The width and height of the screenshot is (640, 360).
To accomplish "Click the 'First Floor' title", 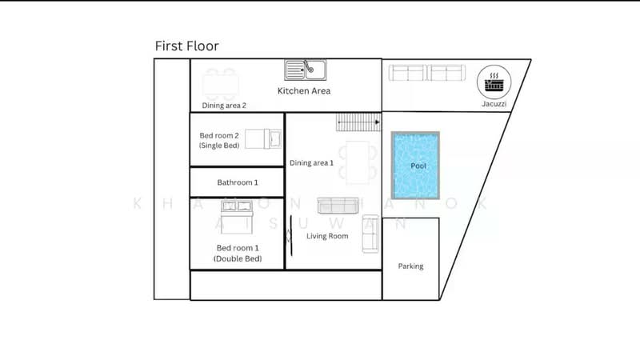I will [x=186, y=46].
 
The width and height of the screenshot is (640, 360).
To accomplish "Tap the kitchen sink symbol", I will [x=304, y=71].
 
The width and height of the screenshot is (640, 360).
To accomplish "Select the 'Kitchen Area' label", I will [x=304, y=91].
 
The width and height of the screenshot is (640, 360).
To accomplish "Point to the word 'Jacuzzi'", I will [x=494, y=104].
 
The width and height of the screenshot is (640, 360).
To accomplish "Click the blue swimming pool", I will [x=415, y=166].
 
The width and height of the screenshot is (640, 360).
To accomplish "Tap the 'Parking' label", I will [x=410, y=266].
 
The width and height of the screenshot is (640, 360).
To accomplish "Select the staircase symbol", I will [x=358, y=122].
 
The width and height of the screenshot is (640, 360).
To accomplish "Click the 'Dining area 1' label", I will [x=311, y=163].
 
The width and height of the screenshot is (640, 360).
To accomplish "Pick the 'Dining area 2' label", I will [x=224, y=105].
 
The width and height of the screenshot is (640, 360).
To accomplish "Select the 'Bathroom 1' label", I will [x=238, y=182].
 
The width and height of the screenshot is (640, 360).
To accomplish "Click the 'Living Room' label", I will [x=328, y=236].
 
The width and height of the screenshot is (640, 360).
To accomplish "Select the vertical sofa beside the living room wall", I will [x=370, y=234].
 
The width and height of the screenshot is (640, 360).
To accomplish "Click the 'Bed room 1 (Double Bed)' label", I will [x=238, y=254].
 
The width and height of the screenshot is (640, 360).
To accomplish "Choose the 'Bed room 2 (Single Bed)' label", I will [x=220, y=140].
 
